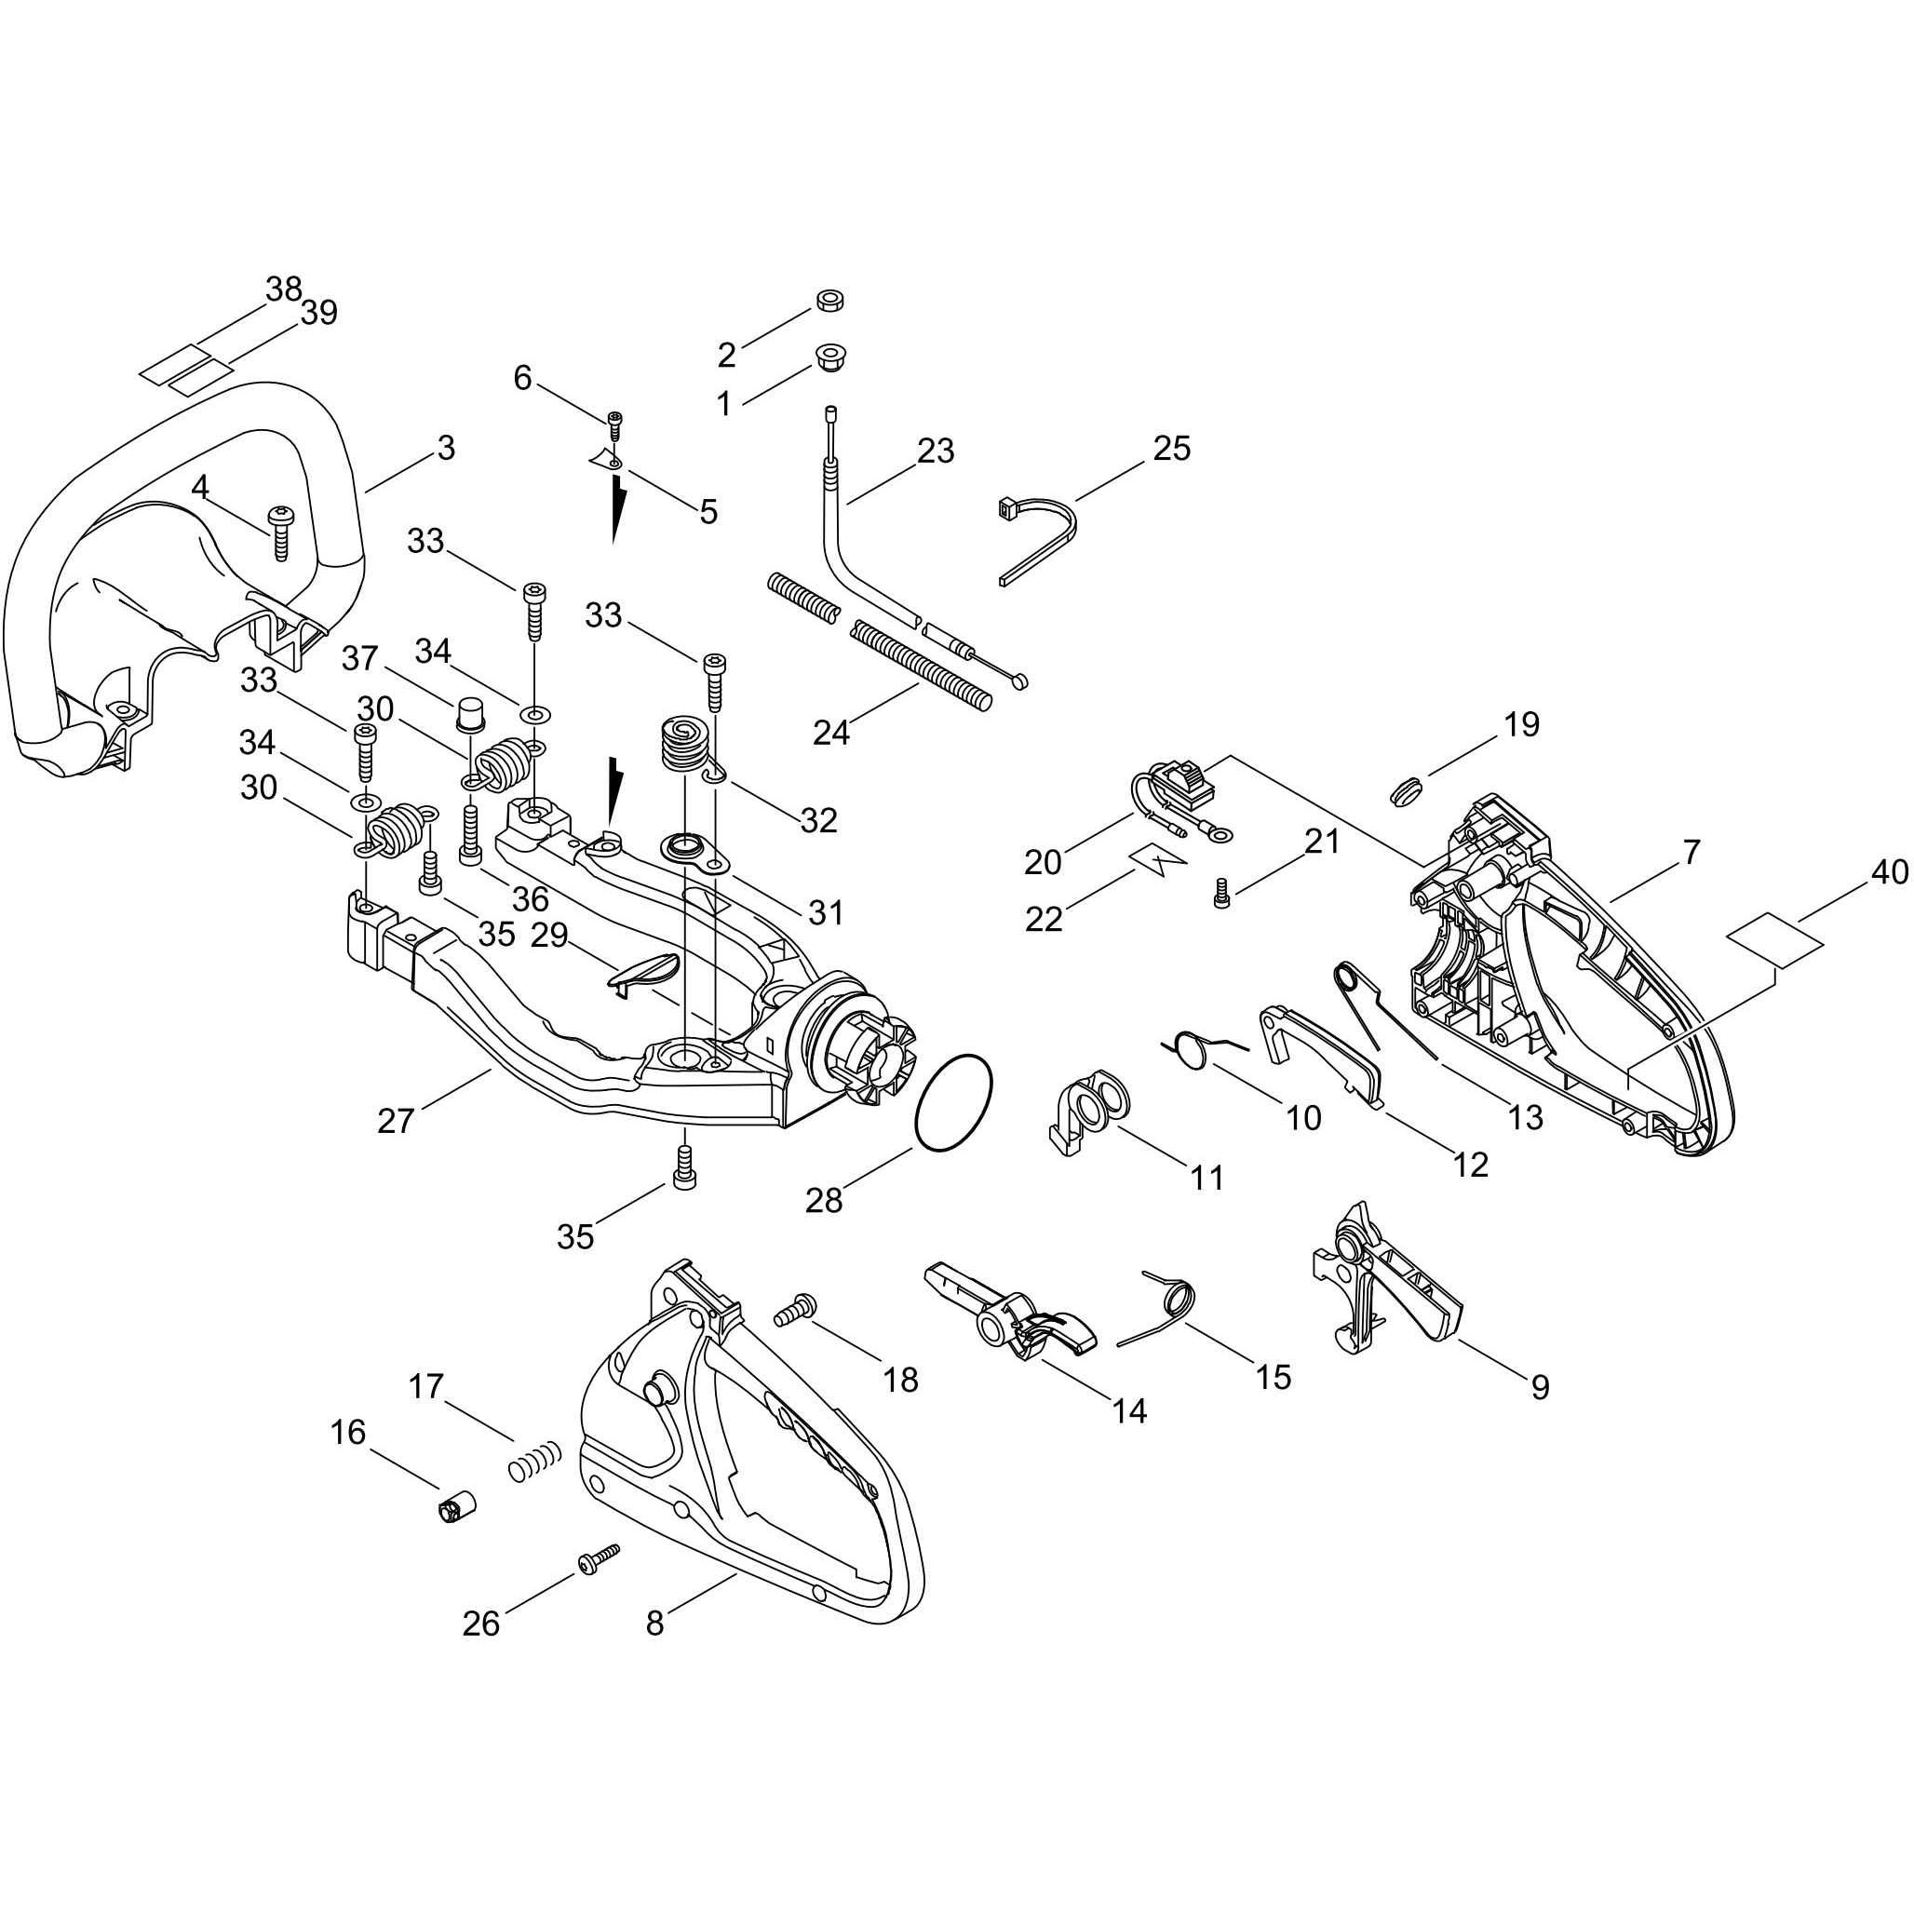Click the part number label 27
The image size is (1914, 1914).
(x=396, y=1122)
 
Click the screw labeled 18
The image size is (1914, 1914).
(x=794, y=1312)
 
